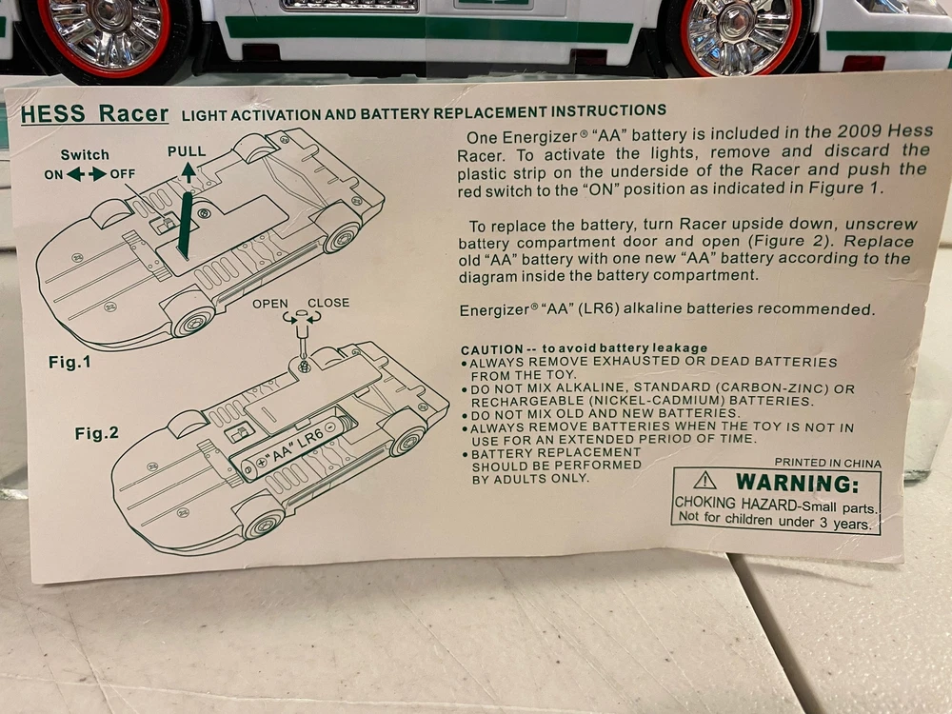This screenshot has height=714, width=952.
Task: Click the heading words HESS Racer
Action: click(x=94, y=114)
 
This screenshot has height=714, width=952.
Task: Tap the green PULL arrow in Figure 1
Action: click(x=188, y=172)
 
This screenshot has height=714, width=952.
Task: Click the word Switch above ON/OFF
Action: click(x=85, y=155)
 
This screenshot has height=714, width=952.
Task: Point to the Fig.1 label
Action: click(x=69, y=363)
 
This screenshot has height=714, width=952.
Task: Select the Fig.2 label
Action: click(x=97, y=433)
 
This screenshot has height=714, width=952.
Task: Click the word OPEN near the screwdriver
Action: click(x=270, y=304)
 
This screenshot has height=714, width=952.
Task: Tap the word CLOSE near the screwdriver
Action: click(x=328, y=303)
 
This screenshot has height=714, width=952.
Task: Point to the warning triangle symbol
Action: click(x=704, y=481)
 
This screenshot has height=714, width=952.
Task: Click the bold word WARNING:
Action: click(x=798, y=484)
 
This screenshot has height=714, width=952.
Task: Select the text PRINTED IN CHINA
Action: click(x=827, y=464)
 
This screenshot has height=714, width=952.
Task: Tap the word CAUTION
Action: click(x=492, y=350)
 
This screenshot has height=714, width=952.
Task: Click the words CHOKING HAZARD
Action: click(x=736, y=504)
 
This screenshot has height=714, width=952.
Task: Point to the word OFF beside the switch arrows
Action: click(x=123, y=174)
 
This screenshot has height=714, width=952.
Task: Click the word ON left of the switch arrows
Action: click(x=53, y=175)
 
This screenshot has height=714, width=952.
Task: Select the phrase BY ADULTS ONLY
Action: click(x=530, y=479)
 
